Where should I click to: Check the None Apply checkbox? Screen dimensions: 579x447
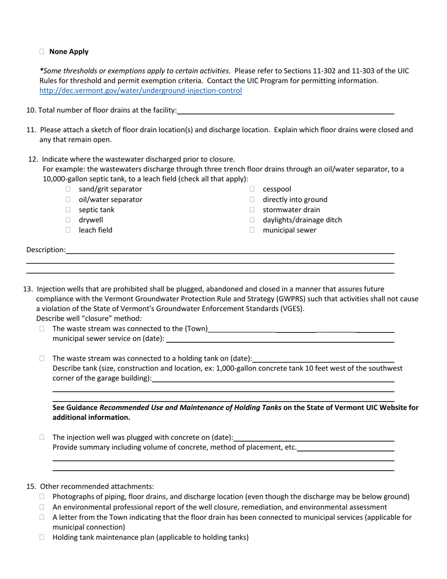(42, 52)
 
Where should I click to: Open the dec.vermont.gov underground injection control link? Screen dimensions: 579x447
(141, 90)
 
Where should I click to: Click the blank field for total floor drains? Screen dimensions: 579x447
(285, 110)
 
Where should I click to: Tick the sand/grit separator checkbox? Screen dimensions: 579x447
(68, 189)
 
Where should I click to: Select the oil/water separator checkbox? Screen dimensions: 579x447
(68, 200)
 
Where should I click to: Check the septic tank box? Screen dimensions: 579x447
(68, 210)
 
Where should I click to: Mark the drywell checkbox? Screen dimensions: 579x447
(68, 220)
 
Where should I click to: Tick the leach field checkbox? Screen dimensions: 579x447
(68, 230)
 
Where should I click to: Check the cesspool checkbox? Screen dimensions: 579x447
(252, 189)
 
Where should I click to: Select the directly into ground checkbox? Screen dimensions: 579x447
(252, 200)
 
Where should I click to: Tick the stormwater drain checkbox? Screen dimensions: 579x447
(252, 210)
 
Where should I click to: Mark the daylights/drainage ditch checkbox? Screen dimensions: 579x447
(252, 220)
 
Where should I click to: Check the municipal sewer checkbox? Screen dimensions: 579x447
(252, 230)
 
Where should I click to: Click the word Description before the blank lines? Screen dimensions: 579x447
(46, 250)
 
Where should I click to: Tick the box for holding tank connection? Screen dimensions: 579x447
(42, 358)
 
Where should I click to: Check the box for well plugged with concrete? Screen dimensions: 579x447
(42, 437)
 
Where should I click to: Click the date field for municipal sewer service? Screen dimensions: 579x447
(280, 338)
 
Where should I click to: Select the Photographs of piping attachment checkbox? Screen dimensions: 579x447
(42, 497)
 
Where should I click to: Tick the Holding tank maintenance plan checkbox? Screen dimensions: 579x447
(42, 537)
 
